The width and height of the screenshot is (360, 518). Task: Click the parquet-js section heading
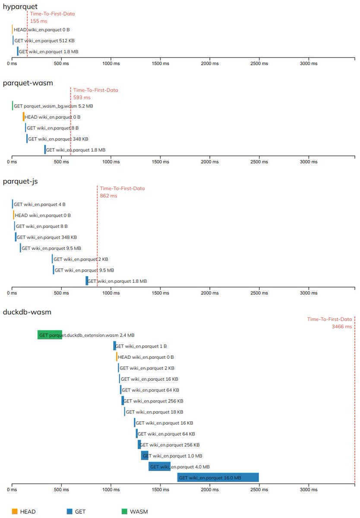pos(20,181)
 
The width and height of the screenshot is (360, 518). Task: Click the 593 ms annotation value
pos(82,98)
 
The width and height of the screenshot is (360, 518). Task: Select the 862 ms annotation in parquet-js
pos(109,196)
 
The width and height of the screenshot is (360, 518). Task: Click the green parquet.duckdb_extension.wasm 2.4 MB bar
pos(50,335)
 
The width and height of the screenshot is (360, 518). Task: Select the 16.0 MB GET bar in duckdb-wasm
pos(218,477)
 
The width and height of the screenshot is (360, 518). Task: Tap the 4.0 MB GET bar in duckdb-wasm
pos(160,467)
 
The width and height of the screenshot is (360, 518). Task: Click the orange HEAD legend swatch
pos(14,512)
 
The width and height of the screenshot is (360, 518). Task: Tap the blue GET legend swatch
pos(69,512)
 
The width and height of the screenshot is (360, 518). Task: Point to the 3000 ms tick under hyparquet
pos(309,63)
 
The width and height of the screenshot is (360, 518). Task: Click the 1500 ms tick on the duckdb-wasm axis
pos(161,490)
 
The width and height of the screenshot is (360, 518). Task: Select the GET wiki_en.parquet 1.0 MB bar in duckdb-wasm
pos(145,455)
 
